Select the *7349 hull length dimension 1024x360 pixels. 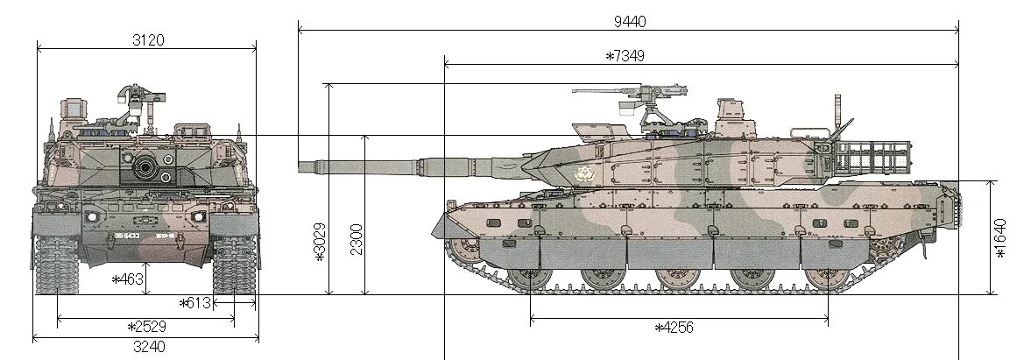click(625, 56)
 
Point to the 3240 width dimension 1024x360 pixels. click(148, 346)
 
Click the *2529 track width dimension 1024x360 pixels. click(146, 326)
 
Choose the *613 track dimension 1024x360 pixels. click(195, 303)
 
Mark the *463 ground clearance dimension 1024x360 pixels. click(128, 279)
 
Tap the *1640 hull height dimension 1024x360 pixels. click(1001, 237)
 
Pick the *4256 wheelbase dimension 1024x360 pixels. click(674, 327)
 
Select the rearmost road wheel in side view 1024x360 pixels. click(823, 279)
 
